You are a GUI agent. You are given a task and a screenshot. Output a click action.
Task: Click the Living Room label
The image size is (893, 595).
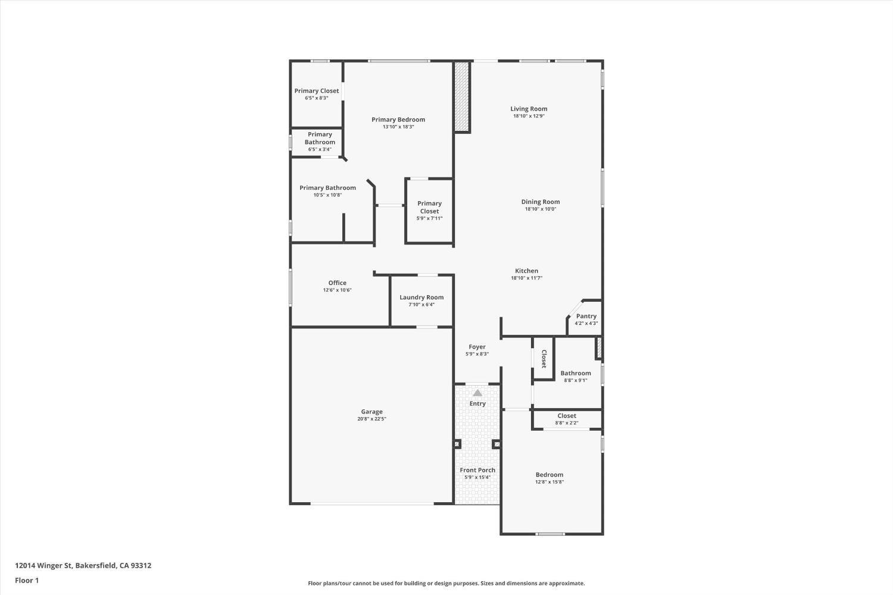click(529, 109)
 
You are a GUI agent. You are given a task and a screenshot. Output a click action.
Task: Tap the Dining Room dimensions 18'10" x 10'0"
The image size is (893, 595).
click(541, 209)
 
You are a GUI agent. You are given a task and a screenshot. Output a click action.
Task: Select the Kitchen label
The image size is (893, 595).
click(526, 271)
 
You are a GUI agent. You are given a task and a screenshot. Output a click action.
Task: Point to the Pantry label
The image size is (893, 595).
click(586, 317)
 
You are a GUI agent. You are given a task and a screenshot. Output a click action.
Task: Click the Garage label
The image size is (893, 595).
click(371, 412)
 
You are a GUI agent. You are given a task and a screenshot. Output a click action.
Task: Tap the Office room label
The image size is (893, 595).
click(337, 283)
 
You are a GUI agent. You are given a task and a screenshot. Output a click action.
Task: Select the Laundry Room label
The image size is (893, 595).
click(421, 297)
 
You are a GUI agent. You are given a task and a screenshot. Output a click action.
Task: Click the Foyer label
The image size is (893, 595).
click(477, 347)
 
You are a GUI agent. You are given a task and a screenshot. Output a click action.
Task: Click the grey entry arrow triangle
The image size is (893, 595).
click(477, 393)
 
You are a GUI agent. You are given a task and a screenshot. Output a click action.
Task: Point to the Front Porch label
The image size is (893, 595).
click(477, 470)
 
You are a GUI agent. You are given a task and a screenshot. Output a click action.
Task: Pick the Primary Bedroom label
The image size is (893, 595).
click(398, 120)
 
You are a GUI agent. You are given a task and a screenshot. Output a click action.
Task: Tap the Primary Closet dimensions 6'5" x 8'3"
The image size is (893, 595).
click(316, 98)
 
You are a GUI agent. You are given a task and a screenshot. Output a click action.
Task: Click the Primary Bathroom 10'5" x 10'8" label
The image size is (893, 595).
click(327, 188)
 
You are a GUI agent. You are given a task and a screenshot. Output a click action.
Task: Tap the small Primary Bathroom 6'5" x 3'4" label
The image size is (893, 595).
click(320, 142)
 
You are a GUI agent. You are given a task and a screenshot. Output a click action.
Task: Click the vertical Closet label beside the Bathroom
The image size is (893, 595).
click(544, 359)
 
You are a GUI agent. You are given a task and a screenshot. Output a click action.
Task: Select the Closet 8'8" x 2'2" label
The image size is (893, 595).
click(567, 416)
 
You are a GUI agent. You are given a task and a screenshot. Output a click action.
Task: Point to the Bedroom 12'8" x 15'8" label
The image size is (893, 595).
click(549, 475)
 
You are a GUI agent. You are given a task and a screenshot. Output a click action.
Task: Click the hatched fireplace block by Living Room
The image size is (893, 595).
click(462, 97)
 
